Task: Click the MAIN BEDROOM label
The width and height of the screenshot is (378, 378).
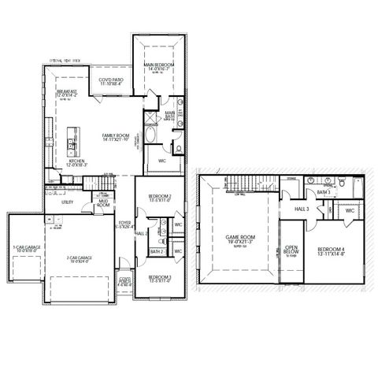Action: coord(158,65)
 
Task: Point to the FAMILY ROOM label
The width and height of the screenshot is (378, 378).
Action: coord(115,135)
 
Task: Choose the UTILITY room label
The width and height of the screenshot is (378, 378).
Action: coord(55,202)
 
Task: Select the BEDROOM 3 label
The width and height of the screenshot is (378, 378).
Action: coord(159,277)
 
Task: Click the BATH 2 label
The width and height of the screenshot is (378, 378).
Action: coord(156,252)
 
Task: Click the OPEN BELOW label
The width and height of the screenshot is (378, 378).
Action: coord(291,251)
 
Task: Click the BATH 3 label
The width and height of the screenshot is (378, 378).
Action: coord(324,191)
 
